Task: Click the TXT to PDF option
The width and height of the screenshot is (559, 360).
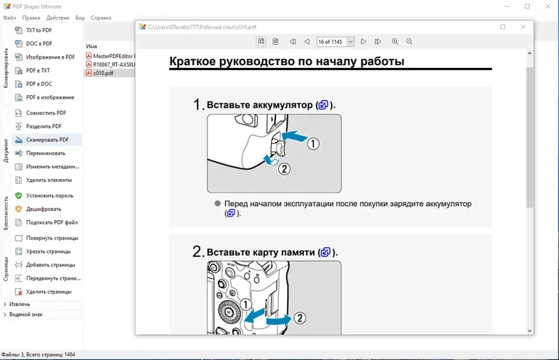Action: [x=38, y=30]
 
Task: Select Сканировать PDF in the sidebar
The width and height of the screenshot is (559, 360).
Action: [x=47, y=140]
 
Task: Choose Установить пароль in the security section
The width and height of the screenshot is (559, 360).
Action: [x=49, y=196]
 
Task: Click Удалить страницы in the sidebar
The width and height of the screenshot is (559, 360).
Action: [x=48, y=291]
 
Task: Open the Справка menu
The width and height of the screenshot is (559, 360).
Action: [x=101, y=17]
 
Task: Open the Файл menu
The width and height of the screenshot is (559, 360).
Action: [x=10, y=17]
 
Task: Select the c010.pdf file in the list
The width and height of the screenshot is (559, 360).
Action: [x=103, y=73]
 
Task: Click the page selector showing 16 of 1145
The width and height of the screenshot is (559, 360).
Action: [x=335, y=42]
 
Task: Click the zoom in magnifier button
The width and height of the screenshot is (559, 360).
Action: [x=395, y=42]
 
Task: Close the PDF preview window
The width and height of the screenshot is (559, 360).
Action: [x=523, y=27]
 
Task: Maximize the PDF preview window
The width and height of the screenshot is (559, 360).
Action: [x=502, y=27]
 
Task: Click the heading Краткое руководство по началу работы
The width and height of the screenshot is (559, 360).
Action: [x=287, y=62]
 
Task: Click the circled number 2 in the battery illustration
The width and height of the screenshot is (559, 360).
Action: [x=284, y=168]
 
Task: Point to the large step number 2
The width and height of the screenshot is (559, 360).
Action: [x=198, y=252]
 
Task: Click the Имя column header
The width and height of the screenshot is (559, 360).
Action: [x=92, y=46]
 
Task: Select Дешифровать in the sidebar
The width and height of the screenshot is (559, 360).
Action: [x=43, y=209]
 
